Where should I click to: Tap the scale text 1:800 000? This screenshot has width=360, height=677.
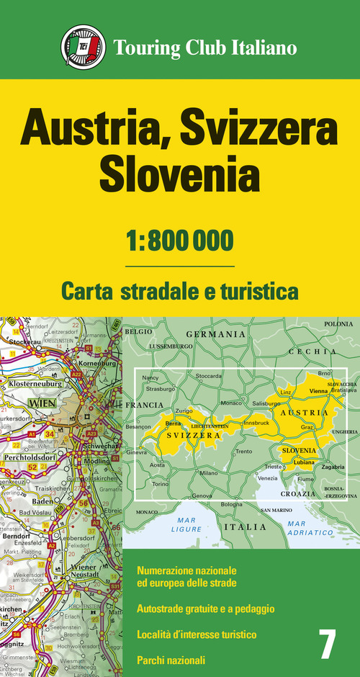click(x=180, y=238)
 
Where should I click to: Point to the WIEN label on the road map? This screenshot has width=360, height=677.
click(x=42, y=403)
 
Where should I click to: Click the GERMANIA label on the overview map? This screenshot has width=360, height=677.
click(x=216, y=334)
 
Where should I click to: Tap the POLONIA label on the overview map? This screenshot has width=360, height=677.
click(x=338, y=324)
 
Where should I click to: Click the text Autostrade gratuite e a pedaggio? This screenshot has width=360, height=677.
click(x=205, y=609)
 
